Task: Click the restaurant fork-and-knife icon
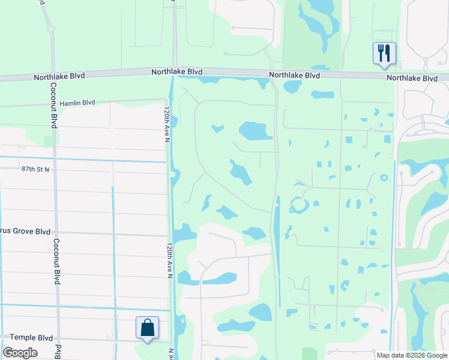pyautogui.click(x=383, y=53)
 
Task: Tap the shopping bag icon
pyautogui.click(x=147, y=328)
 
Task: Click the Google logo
pyautogui.click(x=20, y=353)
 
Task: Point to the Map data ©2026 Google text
pyautogui.click(x=412, y=355)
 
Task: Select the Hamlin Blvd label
pyautogui.click(x=76, y=103)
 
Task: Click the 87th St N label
pyautogui.click(x=35, y=170)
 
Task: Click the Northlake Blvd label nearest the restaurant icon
pyautogui.click(x=412, y=78)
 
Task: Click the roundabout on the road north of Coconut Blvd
pyautogui.click(x=51, y=28)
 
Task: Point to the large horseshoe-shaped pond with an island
pyautogui.click(x=298, y=206)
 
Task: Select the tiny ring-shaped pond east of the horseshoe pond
pyautogui.click(x=384, y=178)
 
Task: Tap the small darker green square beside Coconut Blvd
pyautogui.click(x=48, y=141)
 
